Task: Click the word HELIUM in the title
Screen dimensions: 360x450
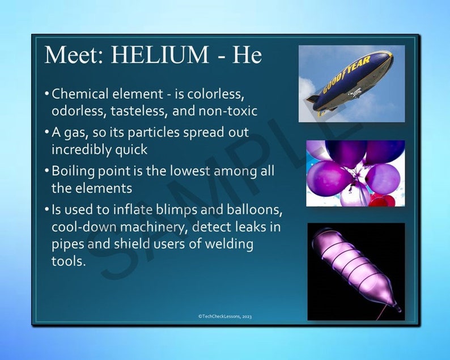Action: click(x=160, y=54)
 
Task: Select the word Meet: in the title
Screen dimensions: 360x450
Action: click(x=74, y=54)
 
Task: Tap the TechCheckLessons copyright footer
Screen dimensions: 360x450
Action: click(x=225, y=316)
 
